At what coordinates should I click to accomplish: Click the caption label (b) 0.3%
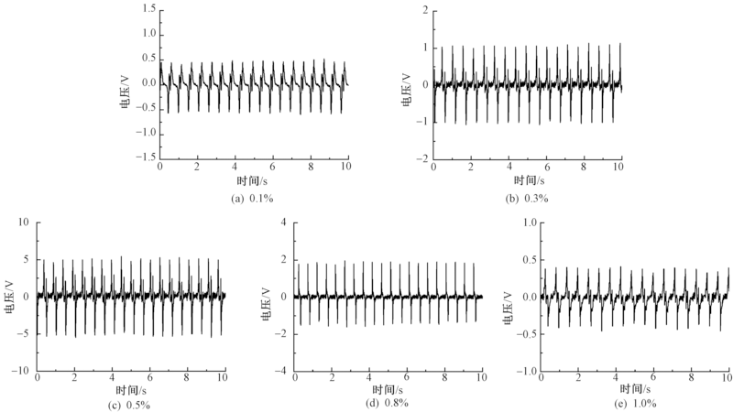point(528,199)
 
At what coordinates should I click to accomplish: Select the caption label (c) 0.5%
point(130,403)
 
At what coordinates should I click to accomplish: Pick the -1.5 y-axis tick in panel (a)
point(144,157)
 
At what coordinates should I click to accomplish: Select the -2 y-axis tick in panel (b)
point(421,157)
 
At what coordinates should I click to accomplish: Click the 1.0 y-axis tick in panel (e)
point(529,222)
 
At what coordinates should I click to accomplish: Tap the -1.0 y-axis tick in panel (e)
point(526,371)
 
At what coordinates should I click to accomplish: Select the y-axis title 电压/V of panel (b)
point(401,83)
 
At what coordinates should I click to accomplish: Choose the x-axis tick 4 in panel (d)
point(369,378)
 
